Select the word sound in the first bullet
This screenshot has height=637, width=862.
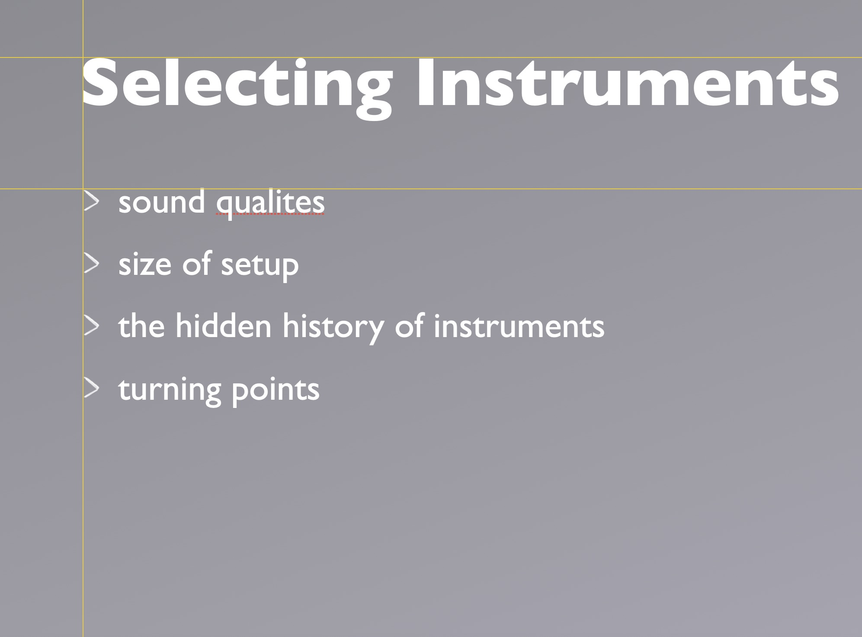tap(162, 202)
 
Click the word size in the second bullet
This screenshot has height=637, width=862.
tap(145, 264)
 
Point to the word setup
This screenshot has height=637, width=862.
tap(260, 265)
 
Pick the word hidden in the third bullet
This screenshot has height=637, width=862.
tap(223, 325)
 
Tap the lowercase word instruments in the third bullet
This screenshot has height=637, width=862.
tap(519, 326)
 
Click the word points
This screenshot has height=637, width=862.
tap(276, 390)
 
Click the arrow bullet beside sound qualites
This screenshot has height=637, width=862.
tap(91, 202)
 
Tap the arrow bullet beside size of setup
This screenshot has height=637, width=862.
tap(91, 264)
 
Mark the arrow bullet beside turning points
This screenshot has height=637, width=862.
tap(91, 389)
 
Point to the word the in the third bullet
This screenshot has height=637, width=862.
tap(141, 325)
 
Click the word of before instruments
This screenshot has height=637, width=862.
tap(409, 325)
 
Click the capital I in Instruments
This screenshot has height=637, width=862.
tap(426, 83)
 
